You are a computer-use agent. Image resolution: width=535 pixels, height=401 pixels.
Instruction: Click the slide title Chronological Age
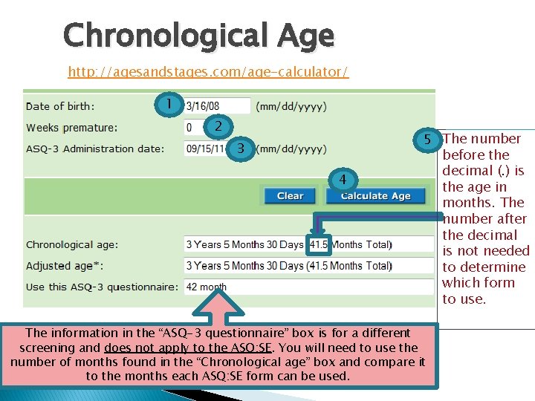tap(198, 35)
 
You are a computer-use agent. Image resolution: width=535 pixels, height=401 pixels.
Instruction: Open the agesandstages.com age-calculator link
tap(208, 72)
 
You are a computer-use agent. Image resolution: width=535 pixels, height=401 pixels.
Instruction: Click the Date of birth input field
tap(217, 106)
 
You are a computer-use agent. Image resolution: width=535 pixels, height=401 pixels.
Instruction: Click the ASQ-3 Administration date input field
tap(207, 149)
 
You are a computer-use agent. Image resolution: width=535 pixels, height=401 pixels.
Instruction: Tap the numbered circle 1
tap(170, 103)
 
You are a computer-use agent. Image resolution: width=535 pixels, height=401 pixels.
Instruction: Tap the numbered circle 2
tap(218, 126)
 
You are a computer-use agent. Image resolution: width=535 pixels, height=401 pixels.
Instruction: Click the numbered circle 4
tap(343, 180)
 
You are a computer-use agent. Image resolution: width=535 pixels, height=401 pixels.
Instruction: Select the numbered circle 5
tap(427, 139)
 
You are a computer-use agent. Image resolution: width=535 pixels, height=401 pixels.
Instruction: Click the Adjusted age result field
tap(308, 265)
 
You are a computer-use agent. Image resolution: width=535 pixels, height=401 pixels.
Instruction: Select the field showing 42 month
tap(308, 287)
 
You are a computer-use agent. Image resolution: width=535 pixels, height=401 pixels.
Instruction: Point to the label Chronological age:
tap(71, 244)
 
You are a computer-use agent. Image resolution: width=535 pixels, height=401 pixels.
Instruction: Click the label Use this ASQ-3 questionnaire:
tap(102, 287)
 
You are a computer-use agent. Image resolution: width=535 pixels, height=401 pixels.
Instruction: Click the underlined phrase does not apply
tap(136, 348)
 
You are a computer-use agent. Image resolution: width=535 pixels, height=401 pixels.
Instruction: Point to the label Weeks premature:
tap(71, 128)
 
